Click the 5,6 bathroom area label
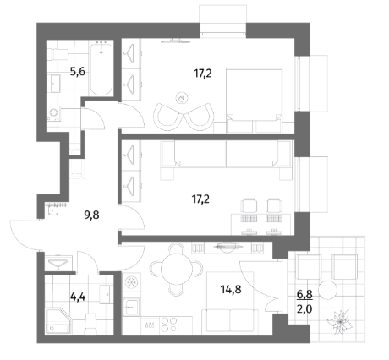(x=78, y=72)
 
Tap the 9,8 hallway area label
(x=92, y=215)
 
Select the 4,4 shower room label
(x=78, y=297)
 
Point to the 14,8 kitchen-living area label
(x=231, y=289)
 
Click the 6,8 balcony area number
(x=304, y=295)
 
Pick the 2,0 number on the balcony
(x=304, y=309)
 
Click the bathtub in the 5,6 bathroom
(x=101, y=68)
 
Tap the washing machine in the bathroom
(x=53, y=113)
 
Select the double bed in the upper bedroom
(x=255, y=101)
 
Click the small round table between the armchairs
(x=182, y=98)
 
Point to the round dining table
(x=176, y=269)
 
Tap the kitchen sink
(x=131, y=307)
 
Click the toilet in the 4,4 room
(x=90, y=322)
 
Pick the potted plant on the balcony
(x=340, y=323)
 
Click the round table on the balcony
(x=328, y=290)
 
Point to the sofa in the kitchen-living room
(x=230, y=320)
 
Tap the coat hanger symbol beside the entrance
(x=58, y=263)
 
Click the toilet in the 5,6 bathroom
(x=58, y=54)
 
